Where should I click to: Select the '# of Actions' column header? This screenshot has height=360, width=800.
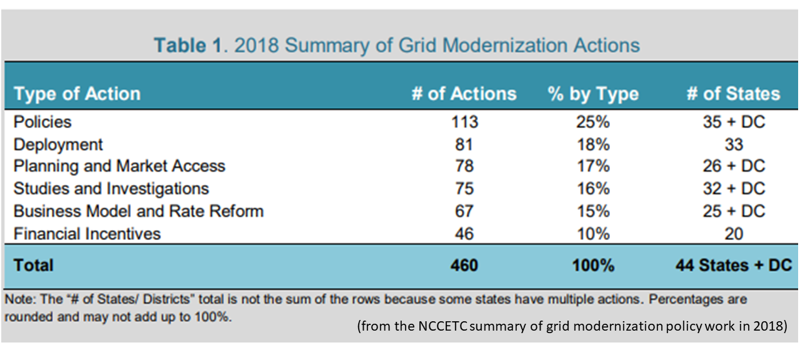pyautogui.click(x=464, y=94)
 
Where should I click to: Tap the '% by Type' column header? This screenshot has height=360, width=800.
pyautogui.click(x=592, y=94)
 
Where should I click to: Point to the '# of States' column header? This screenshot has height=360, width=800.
pyautogui.click(x=733, y=94)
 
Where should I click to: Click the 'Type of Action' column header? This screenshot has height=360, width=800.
pyautogui.click(x=77, y=94)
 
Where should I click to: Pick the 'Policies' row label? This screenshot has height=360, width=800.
pyautogui.click(x=42, y=122)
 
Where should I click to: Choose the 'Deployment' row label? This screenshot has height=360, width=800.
pyautogui.click(x=58, y=144)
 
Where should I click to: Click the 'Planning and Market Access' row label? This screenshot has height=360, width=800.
pyautogui.click(x=119, y=166)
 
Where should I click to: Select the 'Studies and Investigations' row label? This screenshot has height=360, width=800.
pyautogui.click(x=111, y=189)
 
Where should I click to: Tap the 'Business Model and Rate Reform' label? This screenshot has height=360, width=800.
pyautogui.click(x=138, y=211)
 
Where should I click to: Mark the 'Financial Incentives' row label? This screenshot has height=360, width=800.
pyautogui.click(x=87, y=234)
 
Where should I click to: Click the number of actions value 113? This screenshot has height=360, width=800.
pyautogui.click(x=464, y=122)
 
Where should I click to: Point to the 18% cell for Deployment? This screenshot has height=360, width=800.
pyautogui.click(x=593, y=144)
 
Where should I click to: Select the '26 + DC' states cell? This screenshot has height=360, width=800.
pyautogui.click(x=733, y=166)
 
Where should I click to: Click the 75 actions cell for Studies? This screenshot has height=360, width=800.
pyautogui.click(x=464, y=189)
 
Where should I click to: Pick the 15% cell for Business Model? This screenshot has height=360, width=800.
pyautogui.click(x=593, y=211)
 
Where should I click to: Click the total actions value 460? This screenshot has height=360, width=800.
pyautogui.click(x=464, y=265)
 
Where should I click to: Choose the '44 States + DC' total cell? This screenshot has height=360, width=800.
pyautogui.click(x=733, y=265)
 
